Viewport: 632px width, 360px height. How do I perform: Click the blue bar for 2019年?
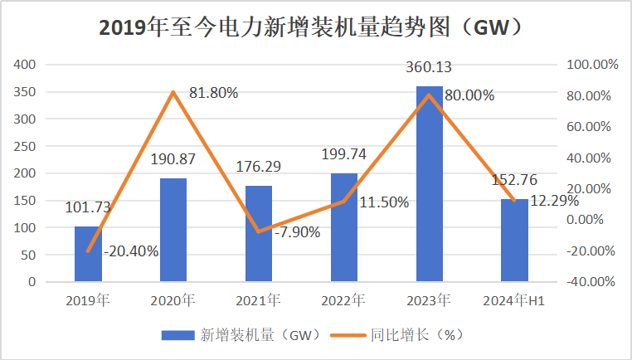pos(88,254)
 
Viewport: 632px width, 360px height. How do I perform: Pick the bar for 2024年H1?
pos(514,241)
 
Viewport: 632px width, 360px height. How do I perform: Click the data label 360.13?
pos(428,67)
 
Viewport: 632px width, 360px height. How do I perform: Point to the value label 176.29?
pos(258,167)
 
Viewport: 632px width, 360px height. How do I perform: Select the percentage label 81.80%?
pos(213,93)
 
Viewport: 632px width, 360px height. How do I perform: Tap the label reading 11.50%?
pos(383,202)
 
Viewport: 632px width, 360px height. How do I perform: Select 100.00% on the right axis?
pos(591,65)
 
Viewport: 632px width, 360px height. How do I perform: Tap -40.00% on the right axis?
pos(591,282)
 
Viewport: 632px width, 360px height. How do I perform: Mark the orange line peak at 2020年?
pos(173,92)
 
